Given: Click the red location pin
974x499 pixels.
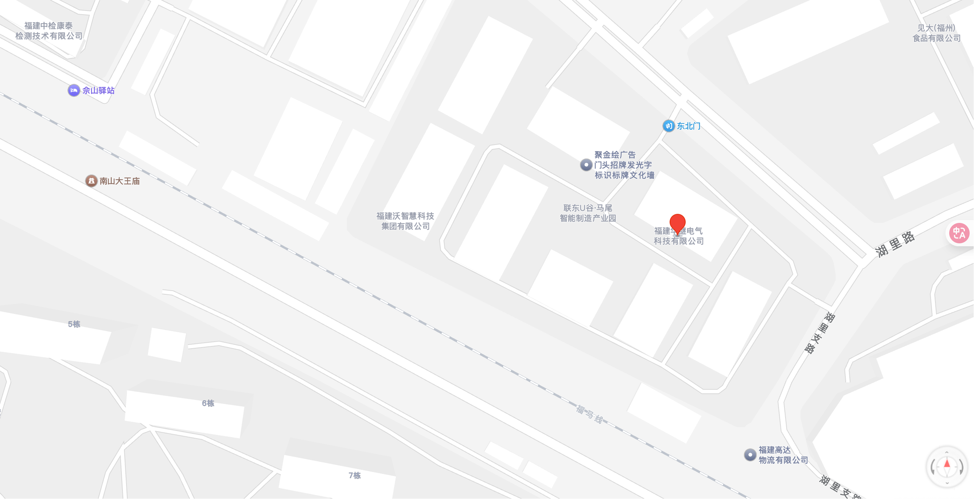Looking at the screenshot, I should [677, 223].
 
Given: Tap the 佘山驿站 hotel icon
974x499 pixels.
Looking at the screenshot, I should [74, 91].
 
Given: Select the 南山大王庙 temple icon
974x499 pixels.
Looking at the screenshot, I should [91, 181].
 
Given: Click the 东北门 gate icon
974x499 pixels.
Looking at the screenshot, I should [669, 126].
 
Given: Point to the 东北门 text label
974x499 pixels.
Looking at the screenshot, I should [689, 126].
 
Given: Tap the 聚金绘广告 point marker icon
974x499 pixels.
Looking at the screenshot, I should [586, 165].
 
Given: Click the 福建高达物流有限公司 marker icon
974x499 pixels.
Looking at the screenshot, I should [750, 455].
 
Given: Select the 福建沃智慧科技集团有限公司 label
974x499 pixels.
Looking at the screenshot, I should [405, 221].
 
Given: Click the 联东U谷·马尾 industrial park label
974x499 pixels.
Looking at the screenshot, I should [588, 213].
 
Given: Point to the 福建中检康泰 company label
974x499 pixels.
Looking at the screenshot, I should [49, 31].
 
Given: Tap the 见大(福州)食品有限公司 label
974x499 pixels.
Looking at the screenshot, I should [936, 33].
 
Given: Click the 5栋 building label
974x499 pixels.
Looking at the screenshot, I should [74, 324].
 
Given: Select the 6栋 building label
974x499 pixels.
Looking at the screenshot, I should [208, 403].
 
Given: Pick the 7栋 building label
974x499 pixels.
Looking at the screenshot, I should [355, 475].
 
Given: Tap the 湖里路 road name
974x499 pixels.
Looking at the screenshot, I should [895, 244].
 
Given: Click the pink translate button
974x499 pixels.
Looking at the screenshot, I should [959, 233].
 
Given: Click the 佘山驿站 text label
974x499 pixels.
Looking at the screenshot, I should [98, 91].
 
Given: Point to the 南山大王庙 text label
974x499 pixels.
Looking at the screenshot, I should [120, 181].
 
